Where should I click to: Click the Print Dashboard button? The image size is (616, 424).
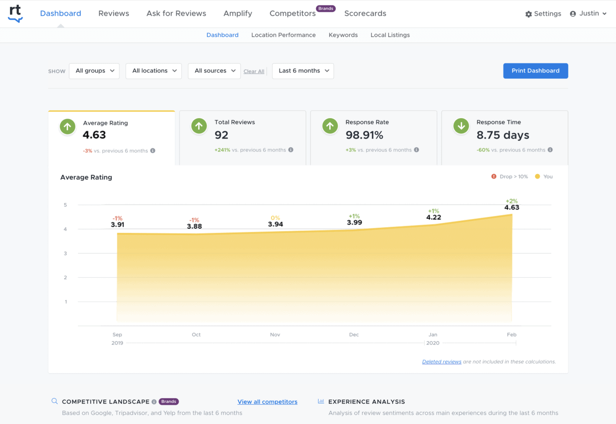pyautogui.click(x=535, y=71)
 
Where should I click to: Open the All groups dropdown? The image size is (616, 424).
pyautogui.click(x=94, y=71)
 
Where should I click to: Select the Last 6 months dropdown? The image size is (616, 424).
pyautogui.click(x=303, y=71)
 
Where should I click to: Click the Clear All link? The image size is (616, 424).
pyautogui.click(x=254, y=72)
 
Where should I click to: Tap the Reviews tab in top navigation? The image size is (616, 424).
pyautogui.click(x=114, y=13)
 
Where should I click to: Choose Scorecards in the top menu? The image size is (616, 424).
pyautogui.click(x=365, y=13)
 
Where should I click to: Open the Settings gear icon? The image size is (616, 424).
pyautogui.click(x=528, y=14)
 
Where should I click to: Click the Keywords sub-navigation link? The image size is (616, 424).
pyautogui.click(x=343, y=35)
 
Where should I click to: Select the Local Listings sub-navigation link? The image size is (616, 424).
pyautogui.click(x=390, y=35)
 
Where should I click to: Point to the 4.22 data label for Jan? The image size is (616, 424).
pyautogui.click(x=433, y=217)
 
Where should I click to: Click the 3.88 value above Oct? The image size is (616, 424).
pyautogui.click(x=194, y=226)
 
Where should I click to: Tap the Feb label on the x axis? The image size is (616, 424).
pyautogui.click(x=512, y=335)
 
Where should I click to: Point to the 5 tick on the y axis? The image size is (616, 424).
pyautogui.click(x=65, y=205)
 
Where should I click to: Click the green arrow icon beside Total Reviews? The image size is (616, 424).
pyautogui.click(x=199, y=126)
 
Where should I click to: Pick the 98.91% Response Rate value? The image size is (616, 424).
pyautogui.click(x=364, y=135)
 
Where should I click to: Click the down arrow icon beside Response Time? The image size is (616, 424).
pyautogui.click(x=461, y=126)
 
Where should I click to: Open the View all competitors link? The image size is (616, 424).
pyautogui.click(x=267, y=402)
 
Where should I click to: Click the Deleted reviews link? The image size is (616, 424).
pyautogui.click(x=441, y=362)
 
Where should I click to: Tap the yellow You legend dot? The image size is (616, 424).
pyautogui.click(x=538, y=176)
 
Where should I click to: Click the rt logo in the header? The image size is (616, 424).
pyautogui.click(x=15, y=13)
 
